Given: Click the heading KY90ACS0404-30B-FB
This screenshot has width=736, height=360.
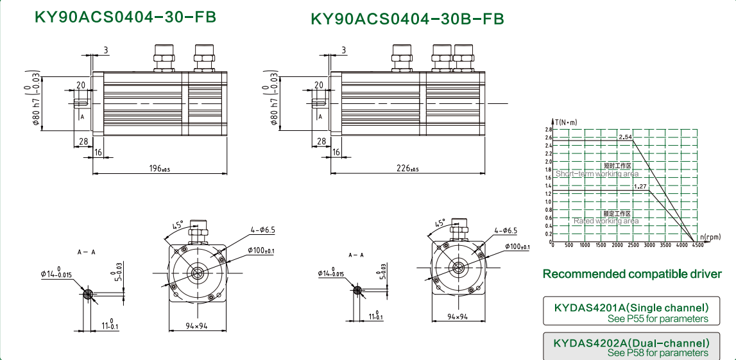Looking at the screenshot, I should pos(407,19).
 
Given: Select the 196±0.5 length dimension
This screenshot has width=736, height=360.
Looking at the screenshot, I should pos(159,168).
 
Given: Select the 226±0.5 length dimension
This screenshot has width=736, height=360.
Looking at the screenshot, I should pos(406,168).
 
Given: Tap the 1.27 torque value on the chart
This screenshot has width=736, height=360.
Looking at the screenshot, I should pos(640,186).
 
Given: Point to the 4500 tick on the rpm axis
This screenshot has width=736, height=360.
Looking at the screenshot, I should pos(697,245).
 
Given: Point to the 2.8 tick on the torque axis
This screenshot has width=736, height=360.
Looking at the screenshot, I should pos(548,130).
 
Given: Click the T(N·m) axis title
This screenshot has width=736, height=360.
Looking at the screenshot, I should pos(567,121).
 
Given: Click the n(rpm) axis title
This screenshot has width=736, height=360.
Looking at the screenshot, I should pos(710,237).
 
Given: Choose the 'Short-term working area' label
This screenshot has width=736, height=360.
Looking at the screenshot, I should pos(597,173).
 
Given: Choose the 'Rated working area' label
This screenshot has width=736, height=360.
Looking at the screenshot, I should pos(606,221).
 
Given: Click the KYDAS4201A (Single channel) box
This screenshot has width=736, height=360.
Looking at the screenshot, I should pos(632,313).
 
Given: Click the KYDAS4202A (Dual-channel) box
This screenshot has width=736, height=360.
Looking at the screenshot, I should pos(632,347).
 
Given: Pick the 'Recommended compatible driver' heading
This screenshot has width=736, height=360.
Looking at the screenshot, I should pos(632,274).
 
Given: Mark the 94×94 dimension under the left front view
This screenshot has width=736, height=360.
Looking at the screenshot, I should pos(196,326).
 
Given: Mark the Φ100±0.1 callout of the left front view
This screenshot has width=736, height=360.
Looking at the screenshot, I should pos(261,250).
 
